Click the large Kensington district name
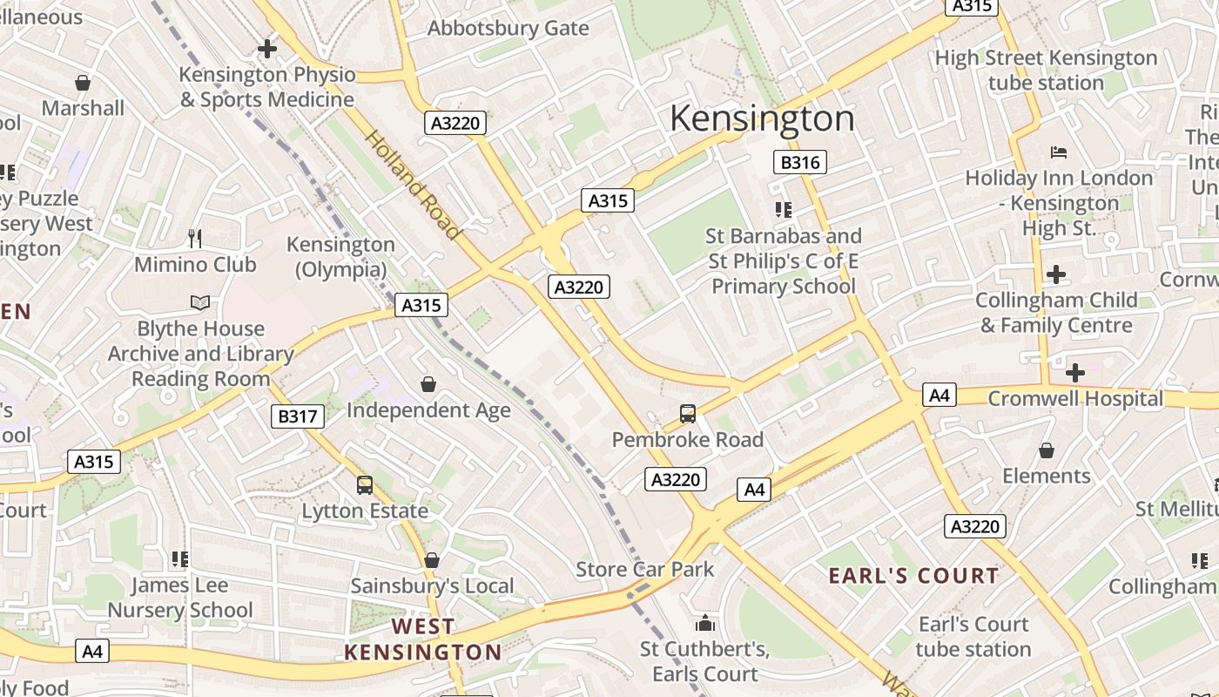[762, 118]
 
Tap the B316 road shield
[799, 162]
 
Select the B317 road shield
[297, 416]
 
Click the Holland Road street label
[411, 185]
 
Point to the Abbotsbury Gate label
[508, 28]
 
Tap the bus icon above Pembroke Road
[688, 414]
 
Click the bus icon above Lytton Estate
[365, 485]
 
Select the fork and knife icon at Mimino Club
[196, 238]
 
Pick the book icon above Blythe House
[200, 302]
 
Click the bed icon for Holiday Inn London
[1059, 152]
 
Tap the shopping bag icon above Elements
[1046, 450]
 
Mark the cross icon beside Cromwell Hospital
[1075, 373]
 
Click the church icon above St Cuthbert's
[705, 624]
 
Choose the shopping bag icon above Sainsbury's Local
[432, 560]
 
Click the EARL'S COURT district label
[913, 575]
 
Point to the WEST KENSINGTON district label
[423, 639]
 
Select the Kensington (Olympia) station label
[340, 257]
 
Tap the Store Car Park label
[644, 570]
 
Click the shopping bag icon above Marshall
[83, 83]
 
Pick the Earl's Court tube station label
[973, 637]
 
